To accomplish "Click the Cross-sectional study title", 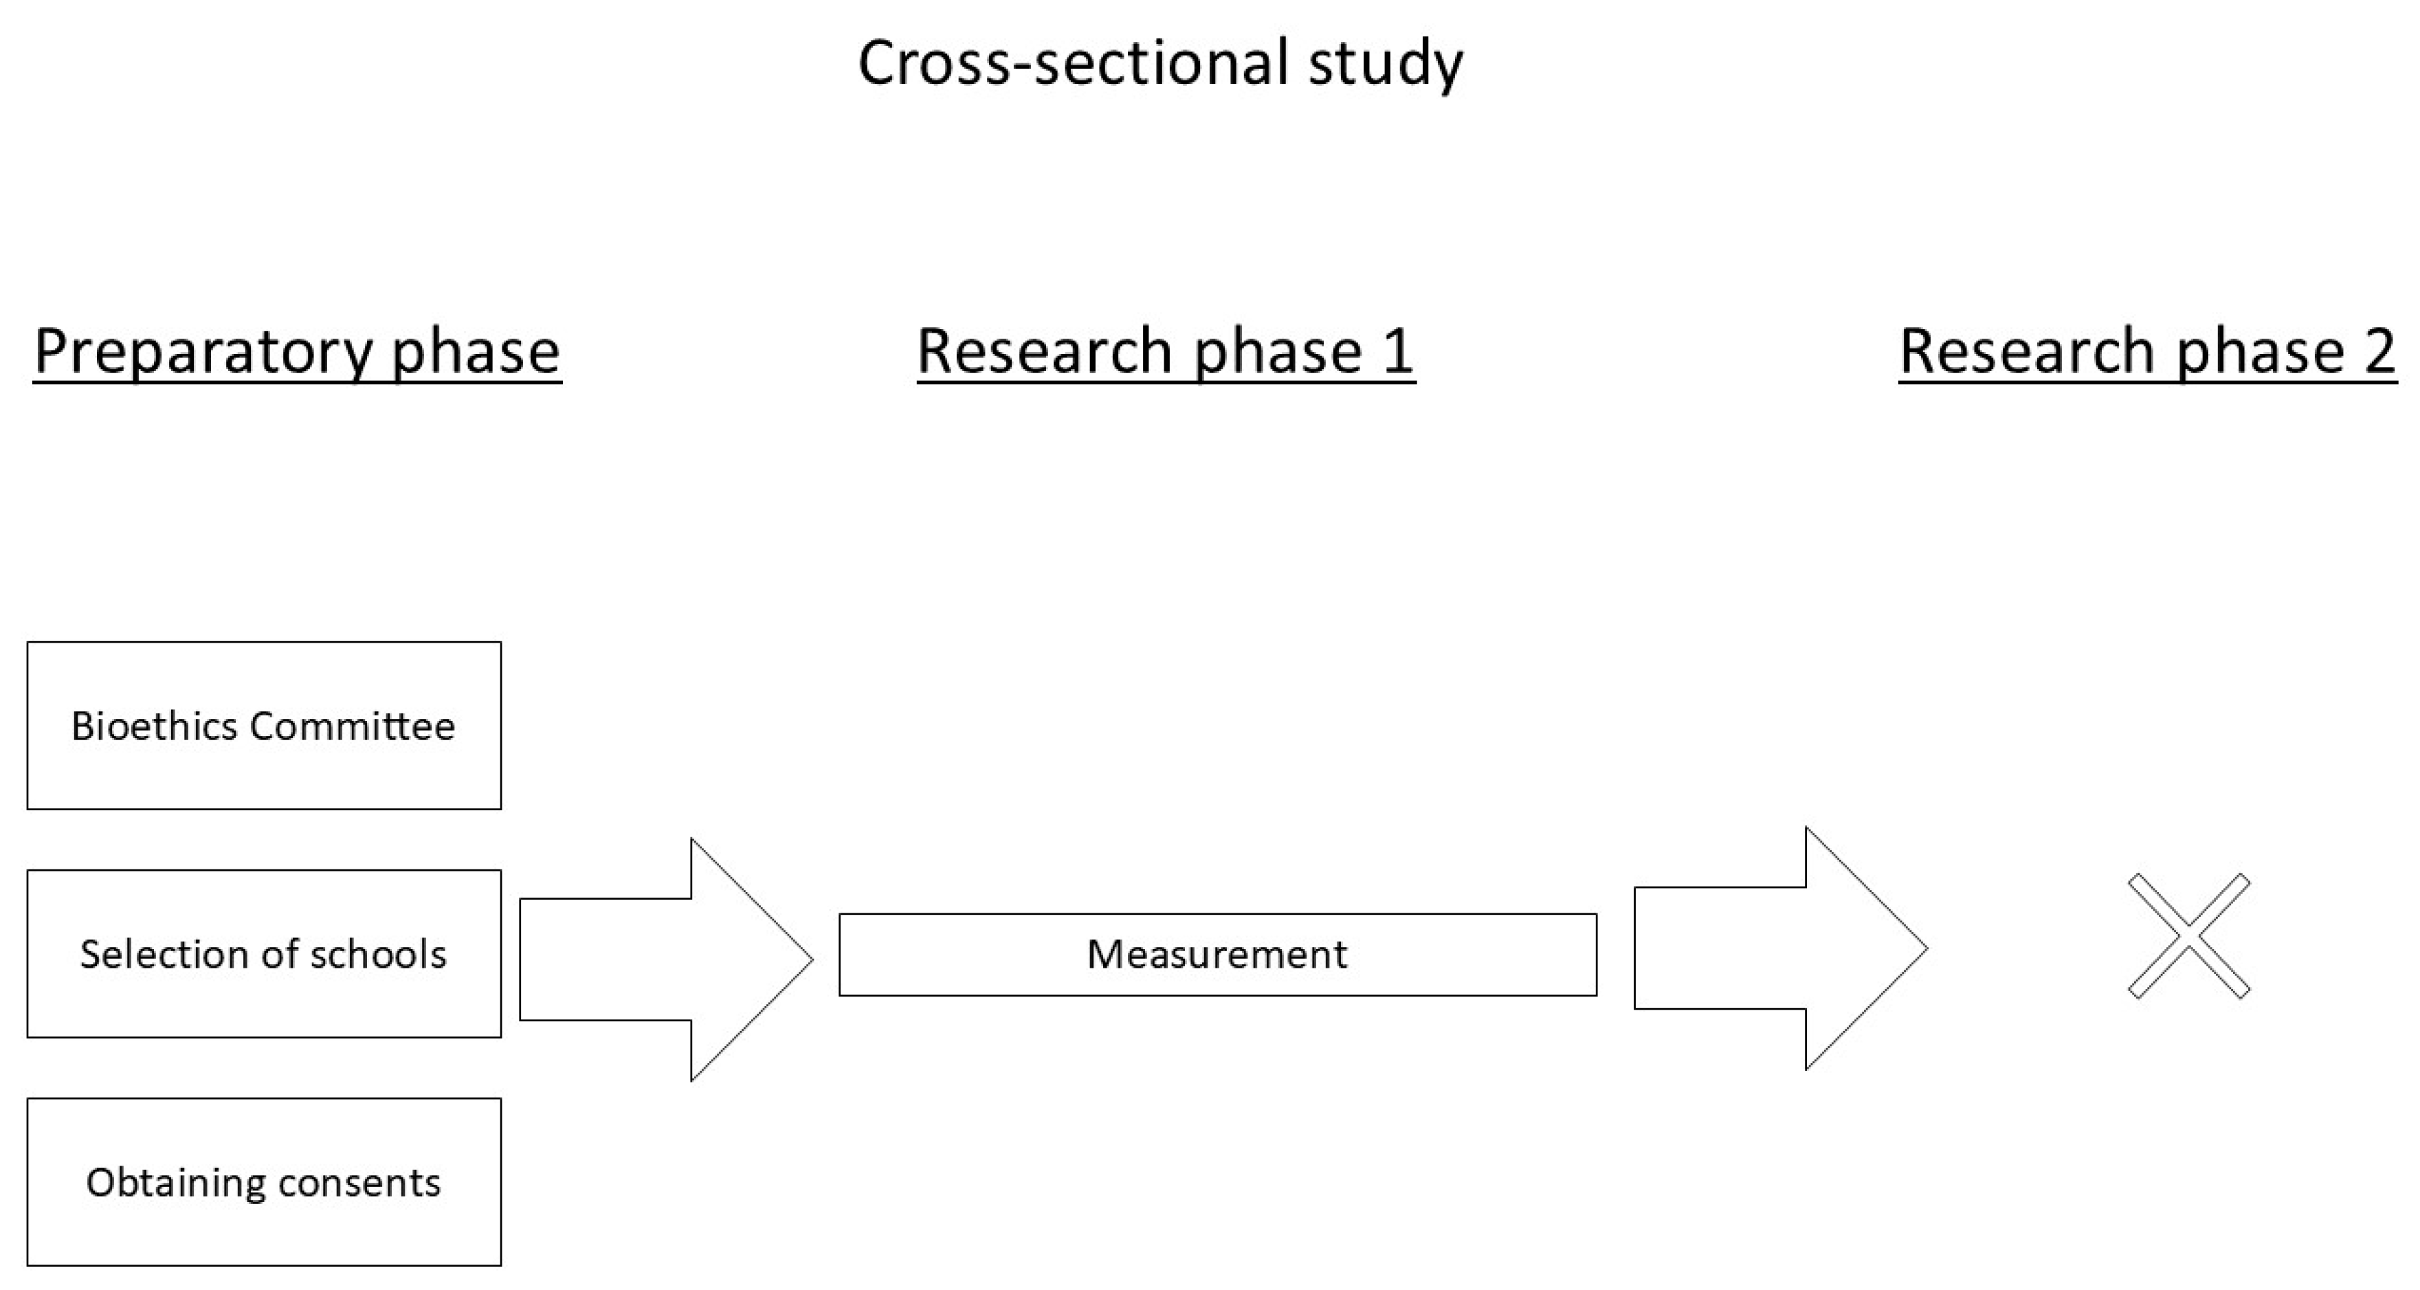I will (1159, 64).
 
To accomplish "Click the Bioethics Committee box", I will (264, 725).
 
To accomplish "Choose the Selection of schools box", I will (264, 954).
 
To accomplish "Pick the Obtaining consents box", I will (264, 1182).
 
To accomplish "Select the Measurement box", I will (1217, 955).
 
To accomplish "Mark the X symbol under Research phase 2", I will (2189, 936).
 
